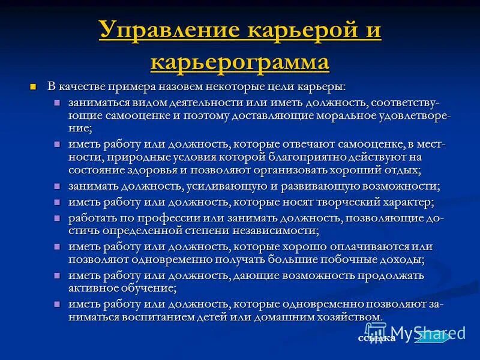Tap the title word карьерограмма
coord(240,61)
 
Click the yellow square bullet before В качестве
coord(34,87)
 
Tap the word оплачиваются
coord(349,246)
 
